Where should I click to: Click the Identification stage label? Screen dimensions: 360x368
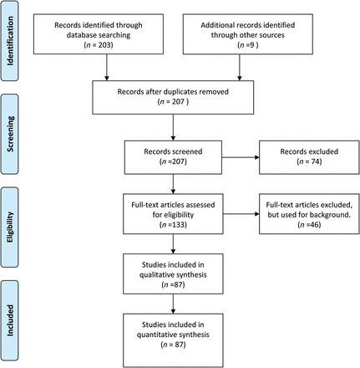click(10, 41)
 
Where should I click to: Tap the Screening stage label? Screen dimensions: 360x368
click(10, 134)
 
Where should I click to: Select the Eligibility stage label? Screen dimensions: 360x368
click(10, 227)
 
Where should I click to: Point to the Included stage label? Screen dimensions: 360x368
click(10, 320)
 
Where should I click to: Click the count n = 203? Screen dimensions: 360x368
click(99, 45)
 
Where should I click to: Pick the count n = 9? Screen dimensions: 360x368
click(248, 45)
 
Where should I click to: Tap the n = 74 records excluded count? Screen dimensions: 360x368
click(309, 161)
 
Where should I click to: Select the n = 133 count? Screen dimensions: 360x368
click(173, 224)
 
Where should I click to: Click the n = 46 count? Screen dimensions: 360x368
click(309, 224)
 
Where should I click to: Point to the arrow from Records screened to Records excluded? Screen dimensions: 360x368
click(241, 157)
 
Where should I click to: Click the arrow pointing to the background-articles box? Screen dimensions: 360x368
click(241, 214)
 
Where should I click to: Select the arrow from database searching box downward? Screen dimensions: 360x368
click(106, 67)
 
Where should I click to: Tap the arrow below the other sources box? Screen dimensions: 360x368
click(239, 67)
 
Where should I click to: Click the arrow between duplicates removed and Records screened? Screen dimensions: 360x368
click(173, 127)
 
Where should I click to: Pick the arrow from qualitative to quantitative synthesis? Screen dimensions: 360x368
click(173, 304)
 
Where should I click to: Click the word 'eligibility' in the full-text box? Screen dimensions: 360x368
click(178, 215)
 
